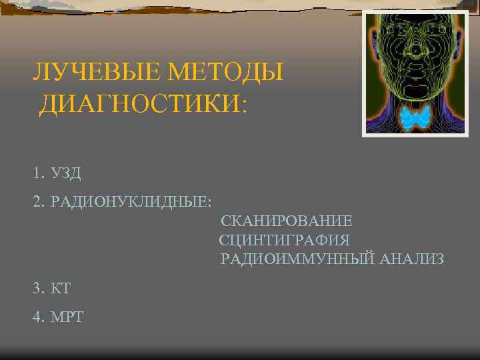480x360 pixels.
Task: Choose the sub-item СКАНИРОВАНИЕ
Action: pyautogui.click(x=287, y=221)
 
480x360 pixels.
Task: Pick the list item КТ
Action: pyautogui.click(x=61, y=288)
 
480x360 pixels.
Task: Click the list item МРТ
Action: pyautogui.click(x=67, y=316)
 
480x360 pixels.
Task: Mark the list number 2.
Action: pyautogui.click(x=36, y=202)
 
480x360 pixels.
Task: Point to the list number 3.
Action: pyautogui.click(x=36, y=288)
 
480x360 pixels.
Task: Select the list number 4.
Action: pyautogui.click(x=36, y=316)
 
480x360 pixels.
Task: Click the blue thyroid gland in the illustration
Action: pyautogui.click(x=416, y=119)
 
